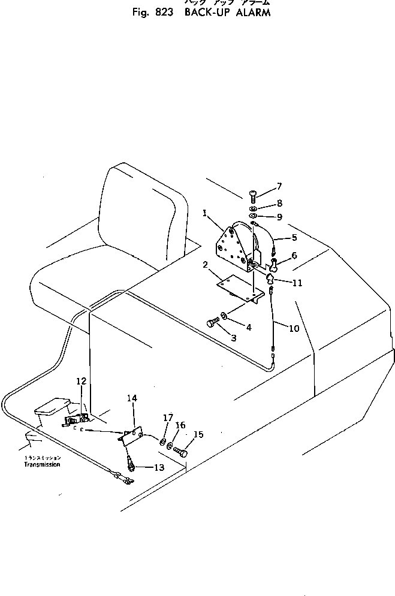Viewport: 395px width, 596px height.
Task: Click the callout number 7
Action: pos(279,186)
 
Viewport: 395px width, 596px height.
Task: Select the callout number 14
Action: pos(132,397)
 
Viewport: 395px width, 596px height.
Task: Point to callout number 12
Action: pos(82,381)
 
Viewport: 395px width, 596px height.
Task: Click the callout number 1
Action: pos(205,212)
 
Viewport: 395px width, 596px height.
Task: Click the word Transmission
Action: pos(42,464)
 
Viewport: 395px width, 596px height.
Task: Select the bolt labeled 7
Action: pos(252,195)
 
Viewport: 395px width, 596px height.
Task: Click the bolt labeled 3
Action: pos(212,323)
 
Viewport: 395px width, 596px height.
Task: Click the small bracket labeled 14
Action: pos(132,435)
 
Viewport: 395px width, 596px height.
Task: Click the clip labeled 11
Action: pos(271,277)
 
